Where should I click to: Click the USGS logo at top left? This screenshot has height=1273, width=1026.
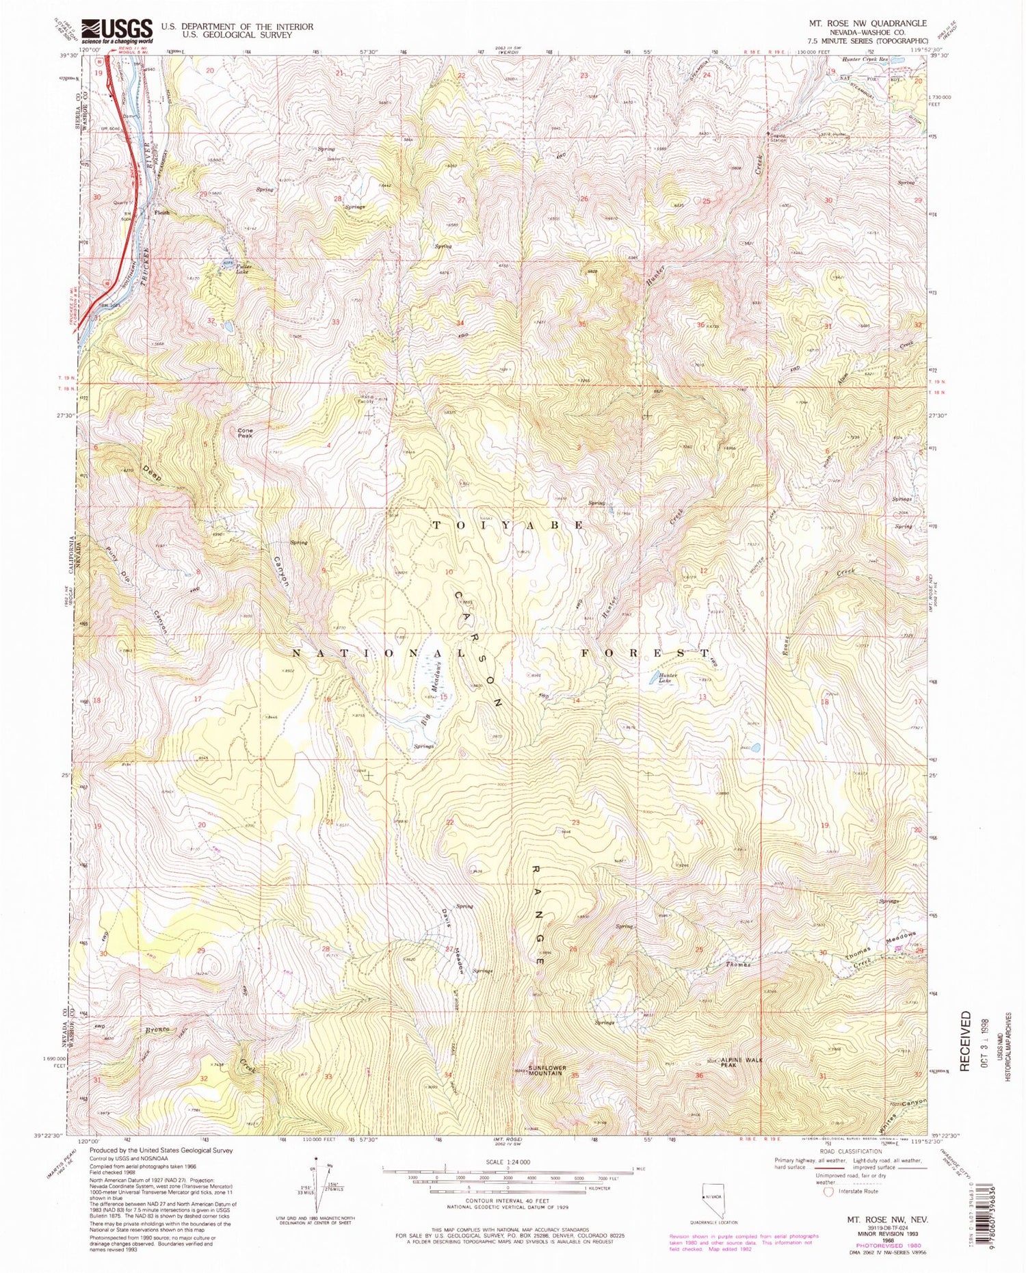pos(116,31)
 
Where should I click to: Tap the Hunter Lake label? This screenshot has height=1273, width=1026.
pos(667,679)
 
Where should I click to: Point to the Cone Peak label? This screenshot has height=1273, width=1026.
pos(245,433)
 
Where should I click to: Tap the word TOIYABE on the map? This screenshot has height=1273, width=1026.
pos(508,525)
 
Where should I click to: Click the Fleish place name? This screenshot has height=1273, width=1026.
pos(161,213)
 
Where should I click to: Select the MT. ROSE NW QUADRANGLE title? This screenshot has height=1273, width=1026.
pos(867,23)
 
